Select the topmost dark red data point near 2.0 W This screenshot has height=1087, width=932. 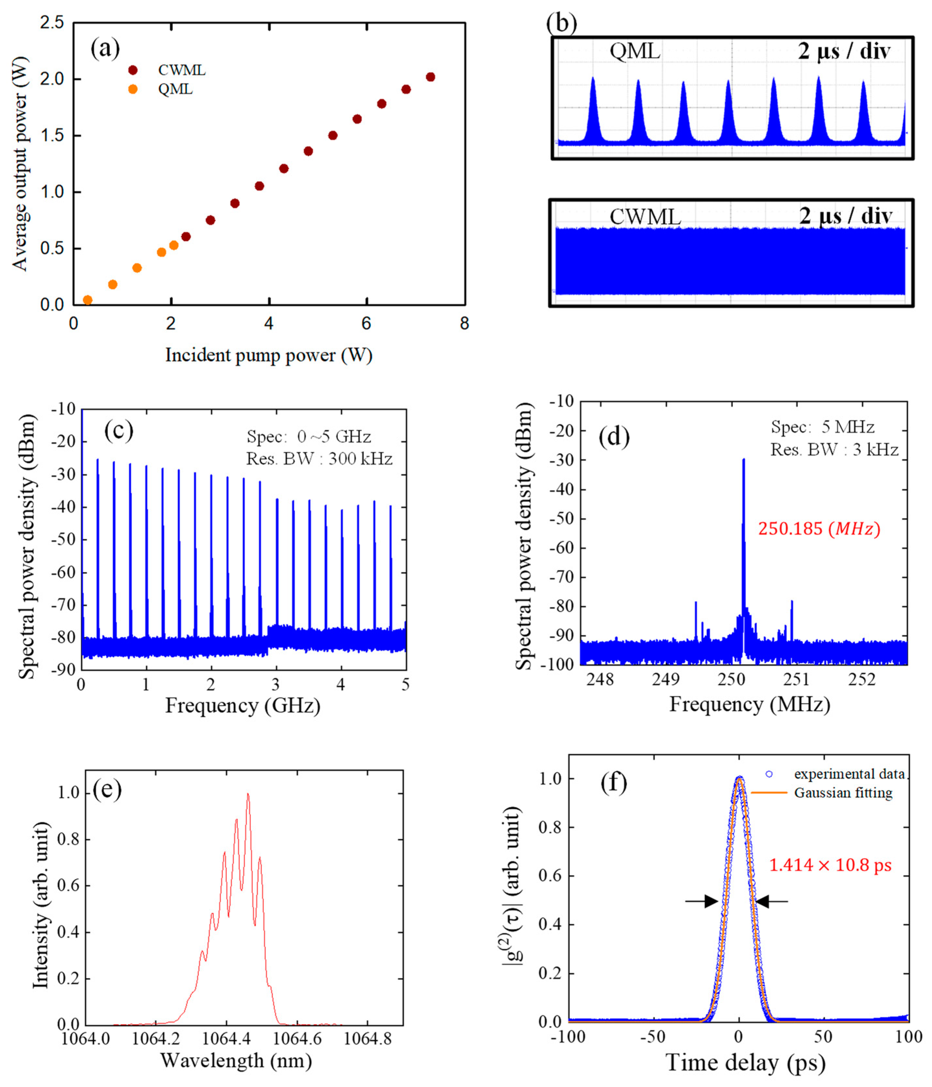(431, 77)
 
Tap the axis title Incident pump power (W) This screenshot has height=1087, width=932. (269, 355)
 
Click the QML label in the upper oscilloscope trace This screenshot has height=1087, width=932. (635, 51)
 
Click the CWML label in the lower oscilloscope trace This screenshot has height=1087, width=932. (645, 217)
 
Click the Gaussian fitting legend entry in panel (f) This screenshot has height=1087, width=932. (843, 793)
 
